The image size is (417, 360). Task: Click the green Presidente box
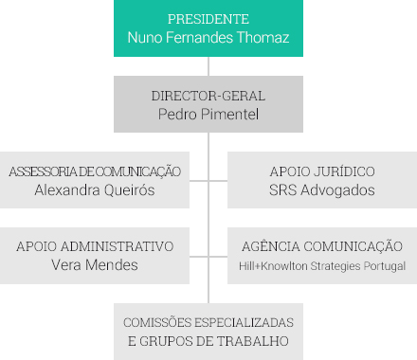(x=208, y=28)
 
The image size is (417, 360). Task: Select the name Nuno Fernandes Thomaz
(x=208, y=39)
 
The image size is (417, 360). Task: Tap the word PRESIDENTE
(x=208, y=19)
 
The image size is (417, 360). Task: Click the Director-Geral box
(x=208, y=104)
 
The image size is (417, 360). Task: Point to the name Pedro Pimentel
(x=208, y=115)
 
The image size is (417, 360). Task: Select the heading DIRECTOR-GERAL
(x=208, y=96)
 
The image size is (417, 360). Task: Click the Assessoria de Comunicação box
(x=95, y=180)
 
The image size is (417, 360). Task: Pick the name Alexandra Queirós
(x=95, y=190)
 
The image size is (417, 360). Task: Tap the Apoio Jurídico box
(x=322, y=180)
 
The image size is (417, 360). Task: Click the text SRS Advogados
(x=322, y=190)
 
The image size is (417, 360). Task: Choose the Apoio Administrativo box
(x=95, y=256)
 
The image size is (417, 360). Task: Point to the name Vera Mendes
(x=95, y=265)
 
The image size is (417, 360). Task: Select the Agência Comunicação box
(x=322, y=256)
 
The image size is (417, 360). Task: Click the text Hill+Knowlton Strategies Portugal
(x=322, y=266)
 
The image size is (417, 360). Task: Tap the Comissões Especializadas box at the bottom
(x=208, y=332)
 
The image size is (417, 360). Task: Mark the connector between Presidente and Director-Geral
(x=208, y=66)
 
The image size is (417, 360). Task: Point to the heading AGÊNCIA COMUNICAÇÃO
(x=322, y=246)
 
